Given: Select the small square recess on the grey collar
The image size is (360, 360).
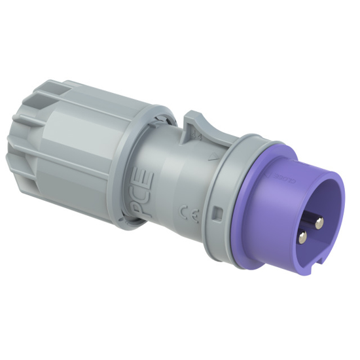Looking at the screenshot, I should coord(217,212).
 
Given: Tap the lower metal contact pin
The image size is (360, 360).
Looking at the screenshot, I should coord(302,236).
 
